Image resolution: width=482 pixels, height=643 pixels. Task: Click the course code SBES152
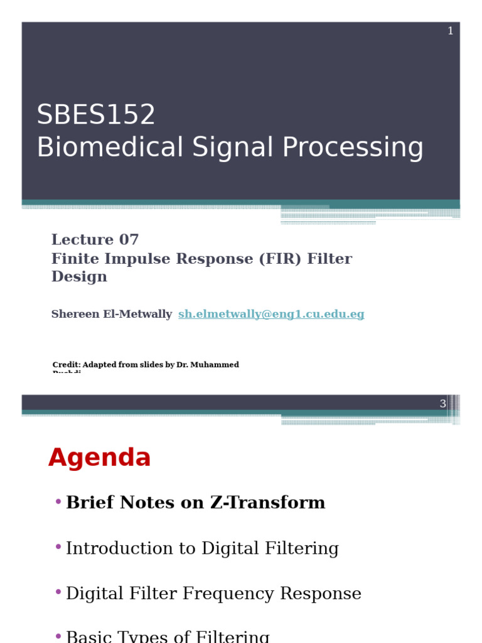(x=95, y=115)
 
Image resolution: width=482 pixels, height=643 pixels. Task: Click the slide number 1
(x=450, y=31)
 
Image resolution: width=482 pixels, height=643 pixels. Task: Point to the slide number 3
(x=442, y=404)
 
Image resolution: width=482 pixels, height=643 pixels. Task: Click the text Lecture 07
(x=95, y=240)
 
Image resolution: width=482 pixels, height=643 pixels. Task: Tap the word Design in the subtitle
(x=79, y=277)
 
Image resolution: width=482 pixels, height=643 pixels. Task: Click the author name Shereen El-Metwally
(x=111, y=315)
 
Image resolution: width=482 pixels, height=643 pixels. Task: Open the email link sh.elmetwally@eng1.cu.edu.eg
(x=271, y=315)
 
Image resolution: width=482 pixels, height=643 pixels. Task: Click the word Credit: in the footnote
(x=66, y=365)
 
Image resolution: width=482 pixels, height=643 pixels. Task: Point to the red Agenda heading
(x=99, y=458)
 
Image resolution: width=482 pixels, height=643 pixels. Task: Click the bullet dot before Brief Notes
(x=58, y=502)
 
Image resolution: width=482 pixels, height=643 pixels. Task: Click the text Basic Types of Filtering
(x=168, y=636)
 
